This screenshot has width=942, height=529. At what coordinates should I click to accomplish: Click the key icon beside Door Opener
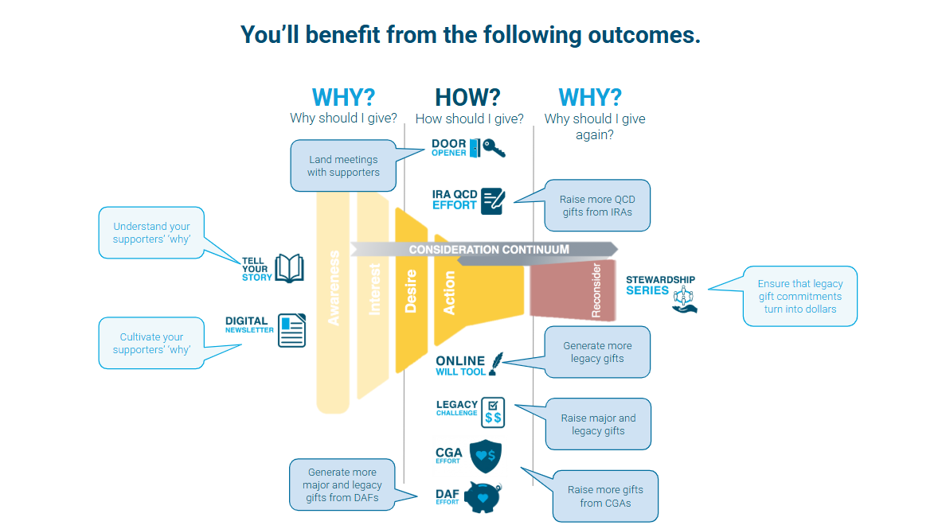(x=494, y=148)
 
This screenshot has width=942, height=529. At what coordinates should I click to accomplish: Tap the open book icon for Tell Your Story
(x=290, y=268)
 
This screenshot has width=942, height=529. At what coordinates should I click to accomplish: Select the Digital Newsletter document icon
(x=292, y=330)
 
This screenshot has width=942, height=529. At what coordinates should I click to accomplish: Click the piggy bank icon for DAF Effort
(x=483, y=497)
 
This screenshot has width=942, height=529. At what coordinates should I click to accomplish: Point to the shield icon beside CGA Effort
(x=486, y=456)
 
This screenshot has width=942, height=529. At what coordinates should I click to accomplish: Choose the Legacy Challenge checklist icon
(x=493, y=413)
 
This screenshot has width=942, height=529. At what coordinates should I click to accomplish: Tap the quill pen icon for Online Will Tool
(x=496, y=364)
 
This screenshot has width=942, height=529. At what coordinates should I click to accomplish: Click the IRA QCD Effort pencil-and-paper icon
(x=493, y=201)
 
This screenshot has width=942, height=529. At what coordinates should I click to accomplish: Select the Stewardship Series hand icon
(x=684, y=300)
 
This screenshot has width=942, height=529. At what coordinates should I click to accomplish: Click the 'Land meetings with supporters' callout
(x=344, y=165)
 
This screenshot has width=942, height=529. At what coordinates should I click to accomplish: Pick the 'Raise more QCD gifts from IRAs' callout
(x=597, y=205)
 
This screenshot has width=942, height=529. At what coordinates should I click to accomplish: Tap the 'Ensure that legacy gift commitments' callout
(x=799, y=296)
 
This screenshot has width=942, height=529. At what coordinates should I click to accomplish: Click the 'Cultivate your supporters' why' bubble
(x=151, y=343)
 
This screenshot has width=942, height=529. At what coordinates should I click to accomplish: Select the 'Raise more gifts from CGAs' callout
(x=605, y=496)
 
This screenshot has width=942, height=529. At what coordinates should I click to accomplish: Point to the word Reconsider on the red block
(x=596, y=290)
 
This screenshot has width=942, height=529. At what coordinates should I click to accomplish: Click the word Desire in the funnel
(x=411, y=291)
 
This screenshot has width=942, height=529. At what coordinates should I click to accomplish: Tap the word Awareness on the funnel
(x=334, y=288)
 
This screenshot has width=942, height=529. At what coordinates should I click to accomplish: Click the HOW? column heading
(x=467, y=97)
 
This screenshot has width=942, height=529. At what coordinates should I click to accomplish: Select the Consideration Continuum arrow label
(x=489, y=249)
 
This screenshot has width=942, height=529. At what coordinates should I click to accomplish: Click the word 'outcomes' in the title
(x=644, y=35)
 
